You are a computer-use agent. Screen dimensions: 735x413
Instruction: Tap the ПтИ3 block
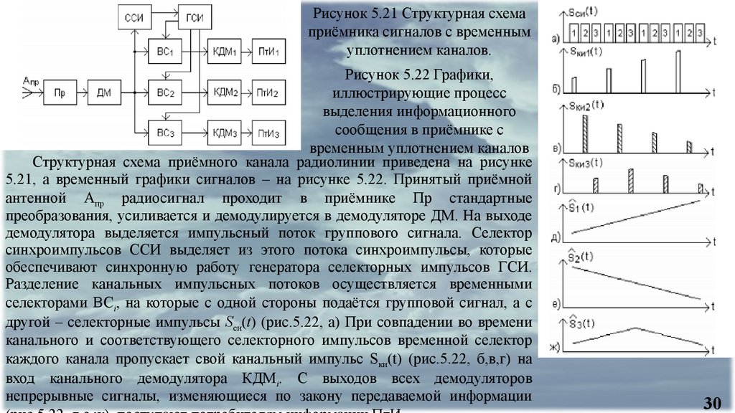click(270, 132)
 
